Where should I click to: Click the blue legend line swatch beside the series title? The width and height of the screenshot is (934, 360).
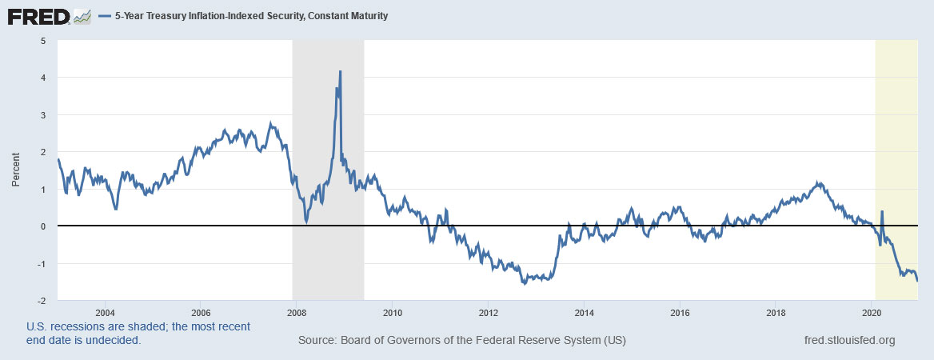point(109,16)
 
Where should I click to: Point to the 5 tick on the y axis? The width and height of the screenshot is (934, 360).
point(43,40)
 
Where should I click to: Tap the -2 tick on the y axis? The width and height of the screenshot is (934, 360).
point(41,302)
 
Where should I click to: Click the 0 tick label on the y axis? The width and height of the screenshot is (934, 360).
point(43,226)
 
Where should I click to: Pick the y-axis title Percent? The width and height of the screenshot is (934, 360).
point(16,170)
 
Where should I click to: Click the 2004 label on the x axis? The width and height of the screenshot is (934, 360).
point(105,312)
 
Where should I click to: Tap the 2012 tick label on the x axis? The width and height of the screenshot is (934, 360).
point(488,312)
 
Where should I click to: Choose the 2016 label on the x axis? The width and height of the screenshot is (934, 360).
point(680,312)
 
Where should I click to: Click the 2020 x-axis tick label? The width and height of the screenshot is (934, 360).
point(872,312)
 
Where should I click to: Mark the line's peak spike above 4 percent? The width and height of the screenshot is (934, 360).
point(341,72)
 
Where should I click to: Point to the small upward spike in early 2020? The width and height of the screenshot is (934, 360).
point(882,212)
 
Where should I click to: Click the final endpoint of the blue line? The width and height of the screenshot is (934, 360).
point(917,280)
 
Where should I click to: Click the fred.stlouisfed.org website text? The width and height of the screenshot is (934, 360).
point(848,340)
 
